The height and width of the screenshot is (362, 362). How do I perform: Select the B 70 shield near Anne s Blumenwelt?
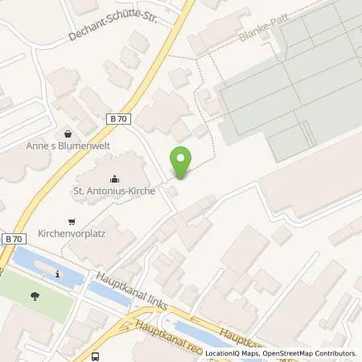(118, 118)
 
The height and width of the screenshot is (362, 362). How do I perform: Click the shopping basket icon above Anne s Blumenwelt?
(69, 134)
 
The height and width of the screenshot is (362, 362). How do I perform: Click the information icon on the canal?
(58, 274)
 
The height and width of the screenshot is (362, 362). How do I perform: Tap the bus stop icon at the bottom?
(96, 356)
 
